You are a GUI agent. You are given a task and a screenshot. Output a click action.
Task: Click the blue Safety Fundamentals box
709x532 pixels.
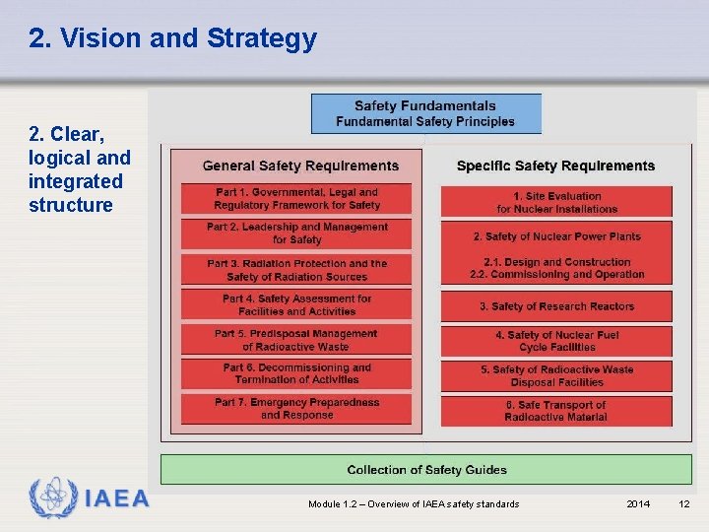point(425,113)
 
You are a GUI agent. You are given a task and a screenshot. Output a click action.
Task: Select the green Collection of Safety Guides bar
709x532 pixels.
point(426,470)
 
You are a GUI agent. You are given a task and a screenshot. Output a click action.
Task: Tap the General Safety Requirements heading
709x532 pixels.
point(300,166)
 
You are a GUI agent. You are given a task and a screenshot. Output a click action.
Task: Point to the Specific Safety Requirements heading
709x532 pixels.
point(555,166)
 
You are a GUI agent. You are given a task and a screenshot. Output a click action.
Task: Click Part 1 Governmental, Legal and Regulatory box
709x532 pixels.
point(296,199)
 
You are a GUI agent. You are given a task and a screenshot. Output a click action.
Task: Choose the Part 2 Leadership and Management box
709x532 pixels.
point(296,233)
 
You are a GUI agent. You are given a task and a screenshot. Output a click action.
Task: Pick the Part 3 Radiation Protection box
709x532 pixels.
point(296,270)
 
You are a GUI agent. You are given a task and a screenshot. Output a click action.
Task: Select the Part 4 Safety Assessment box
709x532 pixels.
point(296,305)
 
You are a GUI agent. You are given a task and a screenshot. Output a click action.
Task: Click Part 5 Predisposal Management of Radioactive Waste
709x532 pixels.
point(296,340)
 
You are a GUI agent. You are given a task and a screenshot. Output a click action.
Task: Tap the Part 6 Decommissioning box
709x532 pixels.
point(296,374)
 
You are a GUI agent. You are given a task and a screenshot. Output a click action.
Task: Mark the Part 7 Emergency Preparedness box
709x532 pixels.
point(296,409)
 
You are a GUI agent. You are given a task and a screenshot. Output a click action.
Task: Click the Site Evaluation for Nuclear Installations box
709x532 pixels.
point(556,202)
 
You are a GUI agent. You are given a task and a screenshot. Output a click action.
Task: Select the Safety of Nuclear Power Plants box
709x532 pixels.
point(556,236)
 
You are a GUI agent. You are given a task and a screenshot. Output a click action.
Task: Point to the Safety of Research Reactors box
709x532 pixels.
point(556,306)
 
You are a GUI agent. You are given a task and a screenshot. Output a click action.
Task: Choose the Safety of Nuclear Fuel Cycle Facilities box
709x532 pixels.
point(556,342)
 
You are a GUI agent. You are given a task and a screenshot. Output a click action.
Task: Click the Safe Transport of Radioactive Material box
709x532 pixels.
point(556,411)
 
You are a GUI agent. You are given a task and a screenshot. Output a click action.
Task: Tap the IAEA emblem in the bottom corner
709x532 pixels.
point(49,498)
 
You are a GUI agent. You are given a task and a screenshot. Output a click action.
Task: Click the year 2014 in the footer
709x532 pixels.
point(638,504)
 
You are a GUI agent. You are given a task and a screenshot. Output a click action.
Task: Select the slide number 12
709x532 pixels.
point(684,504)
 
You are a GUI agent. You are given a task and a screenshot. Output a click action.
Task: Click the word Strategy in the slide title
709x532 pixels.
point(261,38)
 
